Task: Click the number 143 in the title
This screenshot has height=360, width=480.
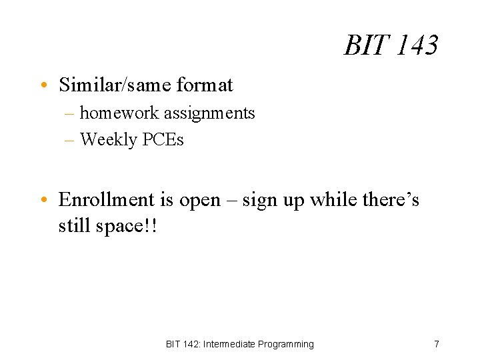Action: (416, 46)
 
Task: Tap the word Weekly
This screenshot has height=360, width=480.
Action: (108, 139)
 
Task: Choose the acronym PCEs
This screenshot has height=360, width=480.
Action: (163, 139)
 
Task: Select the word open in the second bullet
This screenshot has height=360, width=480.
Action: (201, 201)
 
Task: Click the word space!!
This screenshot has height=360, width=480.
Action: (127, 227)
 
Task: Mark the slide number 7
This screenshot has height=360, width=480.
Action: (436, 344)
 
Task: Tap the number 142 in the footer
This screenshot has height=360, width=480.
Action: (189, 344)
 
